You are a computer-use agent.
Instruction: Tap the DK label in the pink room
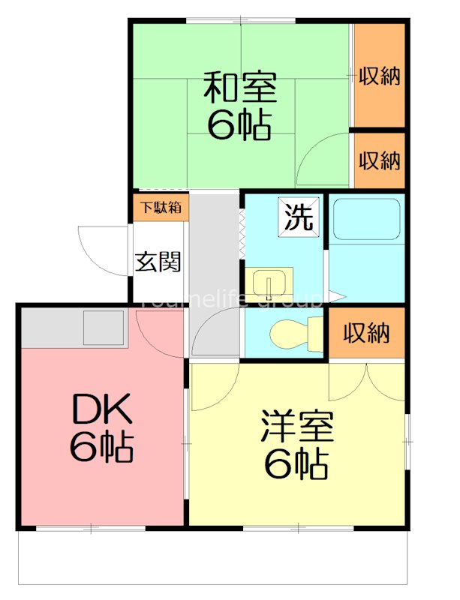[x=103, y=410]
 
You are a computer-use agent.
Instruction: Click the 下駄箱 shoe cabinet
[x=158, y=208]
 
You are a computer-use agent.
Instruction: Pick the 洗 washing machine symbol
[x=298, y=216]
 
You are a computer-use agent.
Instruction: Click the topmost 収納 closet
[x=379, y=76]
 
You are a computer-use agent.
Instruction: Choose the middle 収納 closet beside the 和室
[x=379, y=160]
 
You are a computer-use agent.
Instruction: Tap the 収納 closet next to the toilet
[x=367, y=333]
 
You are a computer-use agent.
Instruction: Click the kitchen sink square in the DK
[x=104, y=328]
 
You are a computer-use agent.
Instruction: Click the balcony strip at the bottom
[x=214, y=556]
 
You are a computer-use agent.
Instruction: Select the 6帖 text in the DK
[x=103, y=448]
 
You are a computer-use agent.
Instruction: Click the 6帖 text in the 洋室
[x=296, y=466]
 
